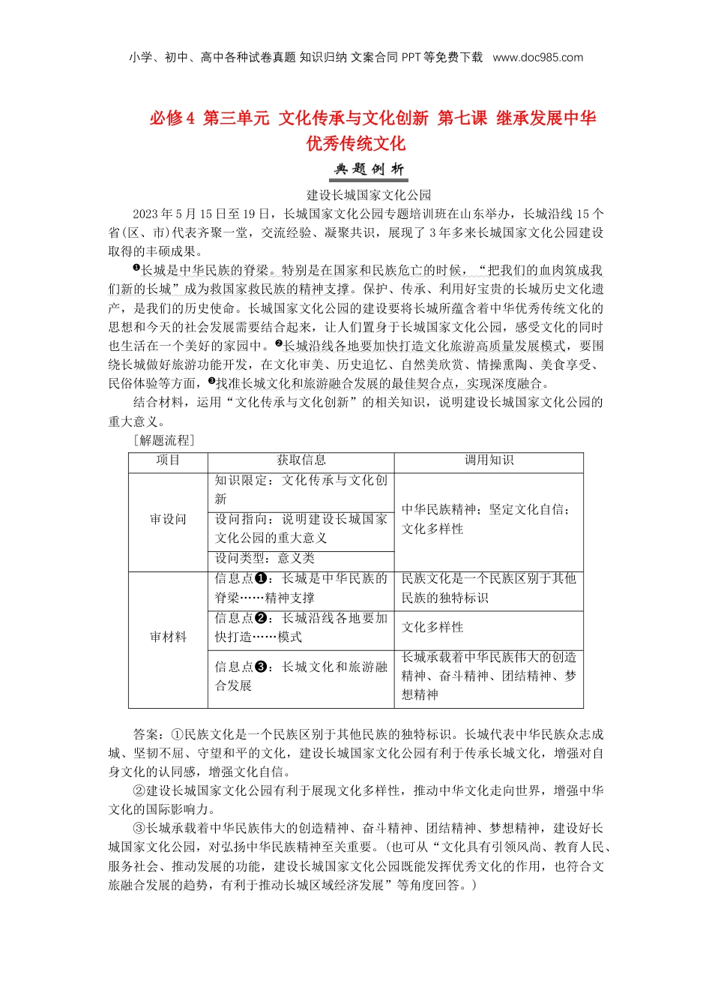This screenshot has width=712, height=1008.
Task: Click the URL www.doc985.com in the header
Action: pos(537,58)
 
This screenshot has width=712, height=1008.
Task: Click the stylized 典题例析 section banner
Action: pos(369,169)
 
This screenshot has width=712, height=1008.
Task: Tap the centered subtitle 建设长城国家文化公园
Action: pos(369,195)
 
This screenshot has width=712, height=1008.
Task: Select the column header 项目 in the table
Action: pos(168,460)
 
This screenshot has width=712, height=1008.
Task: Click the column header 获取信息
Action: pos(301,460)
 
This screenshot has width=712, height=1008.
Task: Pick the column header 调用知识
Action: pos(489,460)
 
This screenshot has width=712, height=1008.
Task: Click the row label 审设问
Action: pos(168,519)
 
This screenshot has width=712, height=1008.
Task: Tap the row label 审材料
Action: pos(168,637)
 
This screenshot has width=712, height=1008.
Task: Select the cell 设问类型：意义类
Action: pos(265,558)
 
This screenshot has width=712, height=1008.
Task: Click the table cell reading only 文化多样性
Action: pos(432,627)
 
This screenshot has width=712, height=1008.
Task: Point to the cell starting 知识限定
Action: pos(301,490)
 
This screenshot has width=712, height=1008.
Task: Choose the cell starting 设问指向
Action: pos(301,528)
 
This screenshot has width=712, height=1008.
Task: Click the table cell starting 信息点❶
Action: pos(301,588)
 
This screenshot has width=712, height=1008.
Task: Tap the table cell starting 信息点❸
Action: pos(301,676)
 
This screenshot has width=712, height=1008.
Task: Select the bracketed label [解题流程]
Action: pos(163,440)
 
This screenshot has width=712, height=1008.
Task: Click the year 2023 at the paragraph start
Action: pos(145,214)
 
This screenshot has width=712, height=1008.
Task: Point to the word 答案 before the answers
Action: pos(145,734)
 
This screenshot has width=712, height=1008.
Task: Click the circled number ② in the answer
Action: pos(139,790)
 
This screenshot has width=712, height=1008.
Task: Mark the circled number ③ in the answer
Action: pos(139,828)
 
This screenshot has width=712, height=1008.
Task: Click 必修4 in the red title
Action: pos(172,118)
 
